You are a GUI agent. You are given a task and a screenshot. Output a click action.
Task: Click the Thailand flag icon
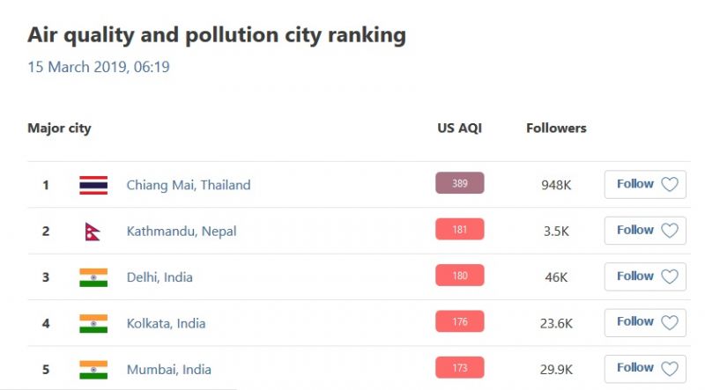coord(93,185)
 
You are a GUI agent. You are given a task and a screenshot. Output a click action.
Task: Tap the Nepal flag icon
coord(93,231)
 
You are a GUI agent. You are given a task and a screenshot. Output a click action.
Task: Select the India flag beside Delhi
coord(93,277)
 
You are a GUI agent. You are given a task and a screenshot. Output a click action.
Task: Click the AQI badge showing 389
coord(459,183)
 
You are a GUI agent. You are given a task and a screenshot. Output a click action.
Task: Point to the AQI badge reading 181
coord(459,230)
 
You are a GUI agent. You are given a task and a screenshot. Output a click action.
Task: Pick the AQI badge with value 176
coord(459,322)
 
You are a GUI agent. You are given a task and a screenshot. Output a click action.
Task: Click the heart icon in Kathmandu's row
coord(670,231)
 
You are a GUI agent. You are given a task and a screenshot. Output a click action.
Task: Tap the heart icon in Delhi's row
coord(670,276)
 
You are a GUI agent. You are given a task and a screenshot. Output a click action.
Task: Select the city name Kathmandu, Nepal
coord(182,232)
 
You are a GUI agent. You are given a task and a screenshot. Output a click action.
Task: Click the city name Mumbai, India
coord(169,370)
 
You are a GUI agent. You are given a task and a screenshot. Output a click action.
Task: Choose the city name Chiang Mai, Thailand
coord(189,185)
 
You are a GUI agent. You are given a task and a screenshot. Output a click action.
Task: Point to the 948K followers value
coord(556,185)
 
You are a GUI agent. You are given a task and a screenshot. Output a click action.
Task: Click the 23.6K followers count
coord(556,323)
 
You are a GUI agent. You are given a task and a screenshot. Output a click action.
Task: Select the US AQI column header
coord(459,128)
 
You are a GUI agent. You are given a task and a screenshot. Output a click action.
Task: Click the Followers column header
coord(556,128)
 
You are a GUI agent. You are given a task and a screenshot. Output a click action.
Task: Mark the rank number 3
coord(46,277)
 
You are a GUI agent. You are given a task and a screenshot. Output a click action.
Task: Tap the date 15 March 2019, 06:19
coord(98,67)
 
